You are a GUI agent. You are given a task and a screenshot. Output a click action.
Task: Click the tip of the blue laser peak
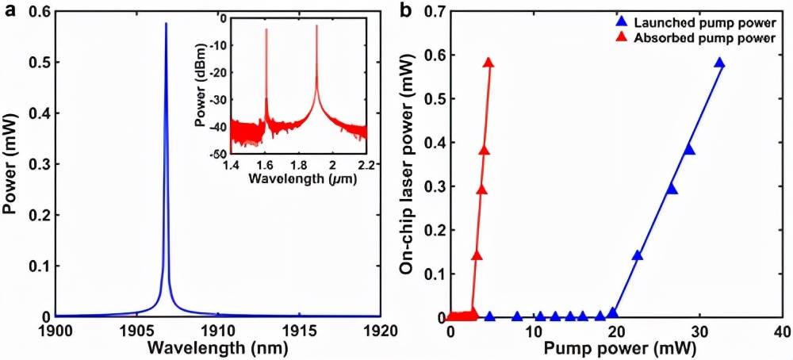pos(165,24)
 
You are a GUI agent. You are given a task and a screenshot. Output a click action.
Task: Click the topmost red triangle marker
pos(488,63)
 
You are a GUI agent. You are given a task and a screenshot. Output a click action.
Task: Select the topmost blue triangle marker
pos(719,63)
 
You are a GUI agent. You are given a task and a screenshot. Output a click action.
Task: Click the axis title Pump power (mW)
pos(615,346)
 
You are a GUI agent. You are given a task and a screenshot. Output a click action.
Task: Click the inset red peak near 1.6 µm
pos(266,32)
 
